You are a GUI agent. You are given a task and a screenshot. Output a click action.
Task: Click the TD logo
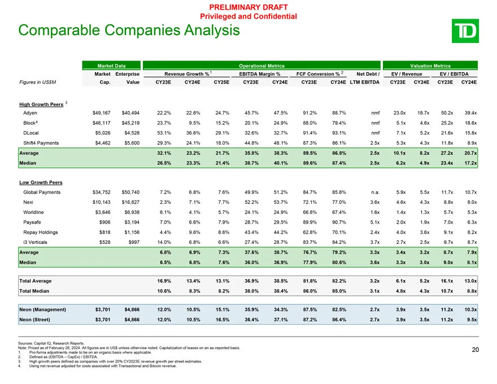pos(466,30)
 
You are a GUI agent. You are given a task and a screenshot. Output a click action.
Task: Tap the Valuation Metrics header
pos(430,65)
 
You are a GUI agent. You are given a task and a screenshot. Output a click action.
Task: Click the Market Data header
pos(111,65)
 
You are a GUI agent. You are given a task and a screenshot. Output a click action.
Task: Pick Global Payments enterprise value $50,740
pos(130,193)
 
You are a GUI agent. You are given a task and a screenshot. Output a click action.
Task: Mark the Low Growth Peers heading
pos(41,182)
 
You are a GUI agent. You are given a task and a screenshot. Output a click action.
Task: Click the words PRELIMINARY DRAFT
pos(249,7)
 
